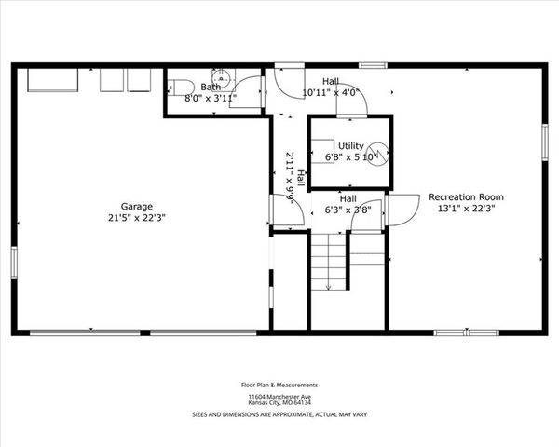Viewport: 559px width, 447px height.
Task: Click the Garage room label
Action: pyautogui.click(x=136, y=206)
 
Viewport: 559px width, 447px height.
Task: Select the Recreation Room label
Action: pyautogui.click(x=466, y=197)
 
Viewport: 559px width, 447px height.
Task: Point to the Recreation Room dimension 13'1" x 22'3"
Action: pyautogui.click(x=466, y=209)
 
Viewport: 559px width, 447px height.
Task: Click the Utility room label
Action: pyautogui.click(x=350, y=146)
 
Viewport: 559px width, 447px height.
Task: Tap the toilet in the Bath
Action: pyautogui.click(x=178, y=86)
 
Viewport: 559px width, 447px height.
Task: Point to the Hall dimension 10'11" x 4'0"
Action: pyautogui.click(x=331, y=92)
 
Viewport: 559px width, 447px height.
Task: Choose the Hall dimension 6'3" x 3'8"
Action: pyautogui.click(x=348, y=210)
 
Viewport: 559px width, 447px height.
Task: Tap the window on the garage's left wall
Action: pyautogui.click(x=13, y=262)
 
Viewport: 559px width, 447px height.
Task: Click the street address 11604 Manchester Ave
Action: pyautogui.click(x=279, y=396)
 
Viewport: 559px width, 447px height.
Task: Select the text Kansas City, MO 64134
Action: pyautogui.click(x=279, y=403)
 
